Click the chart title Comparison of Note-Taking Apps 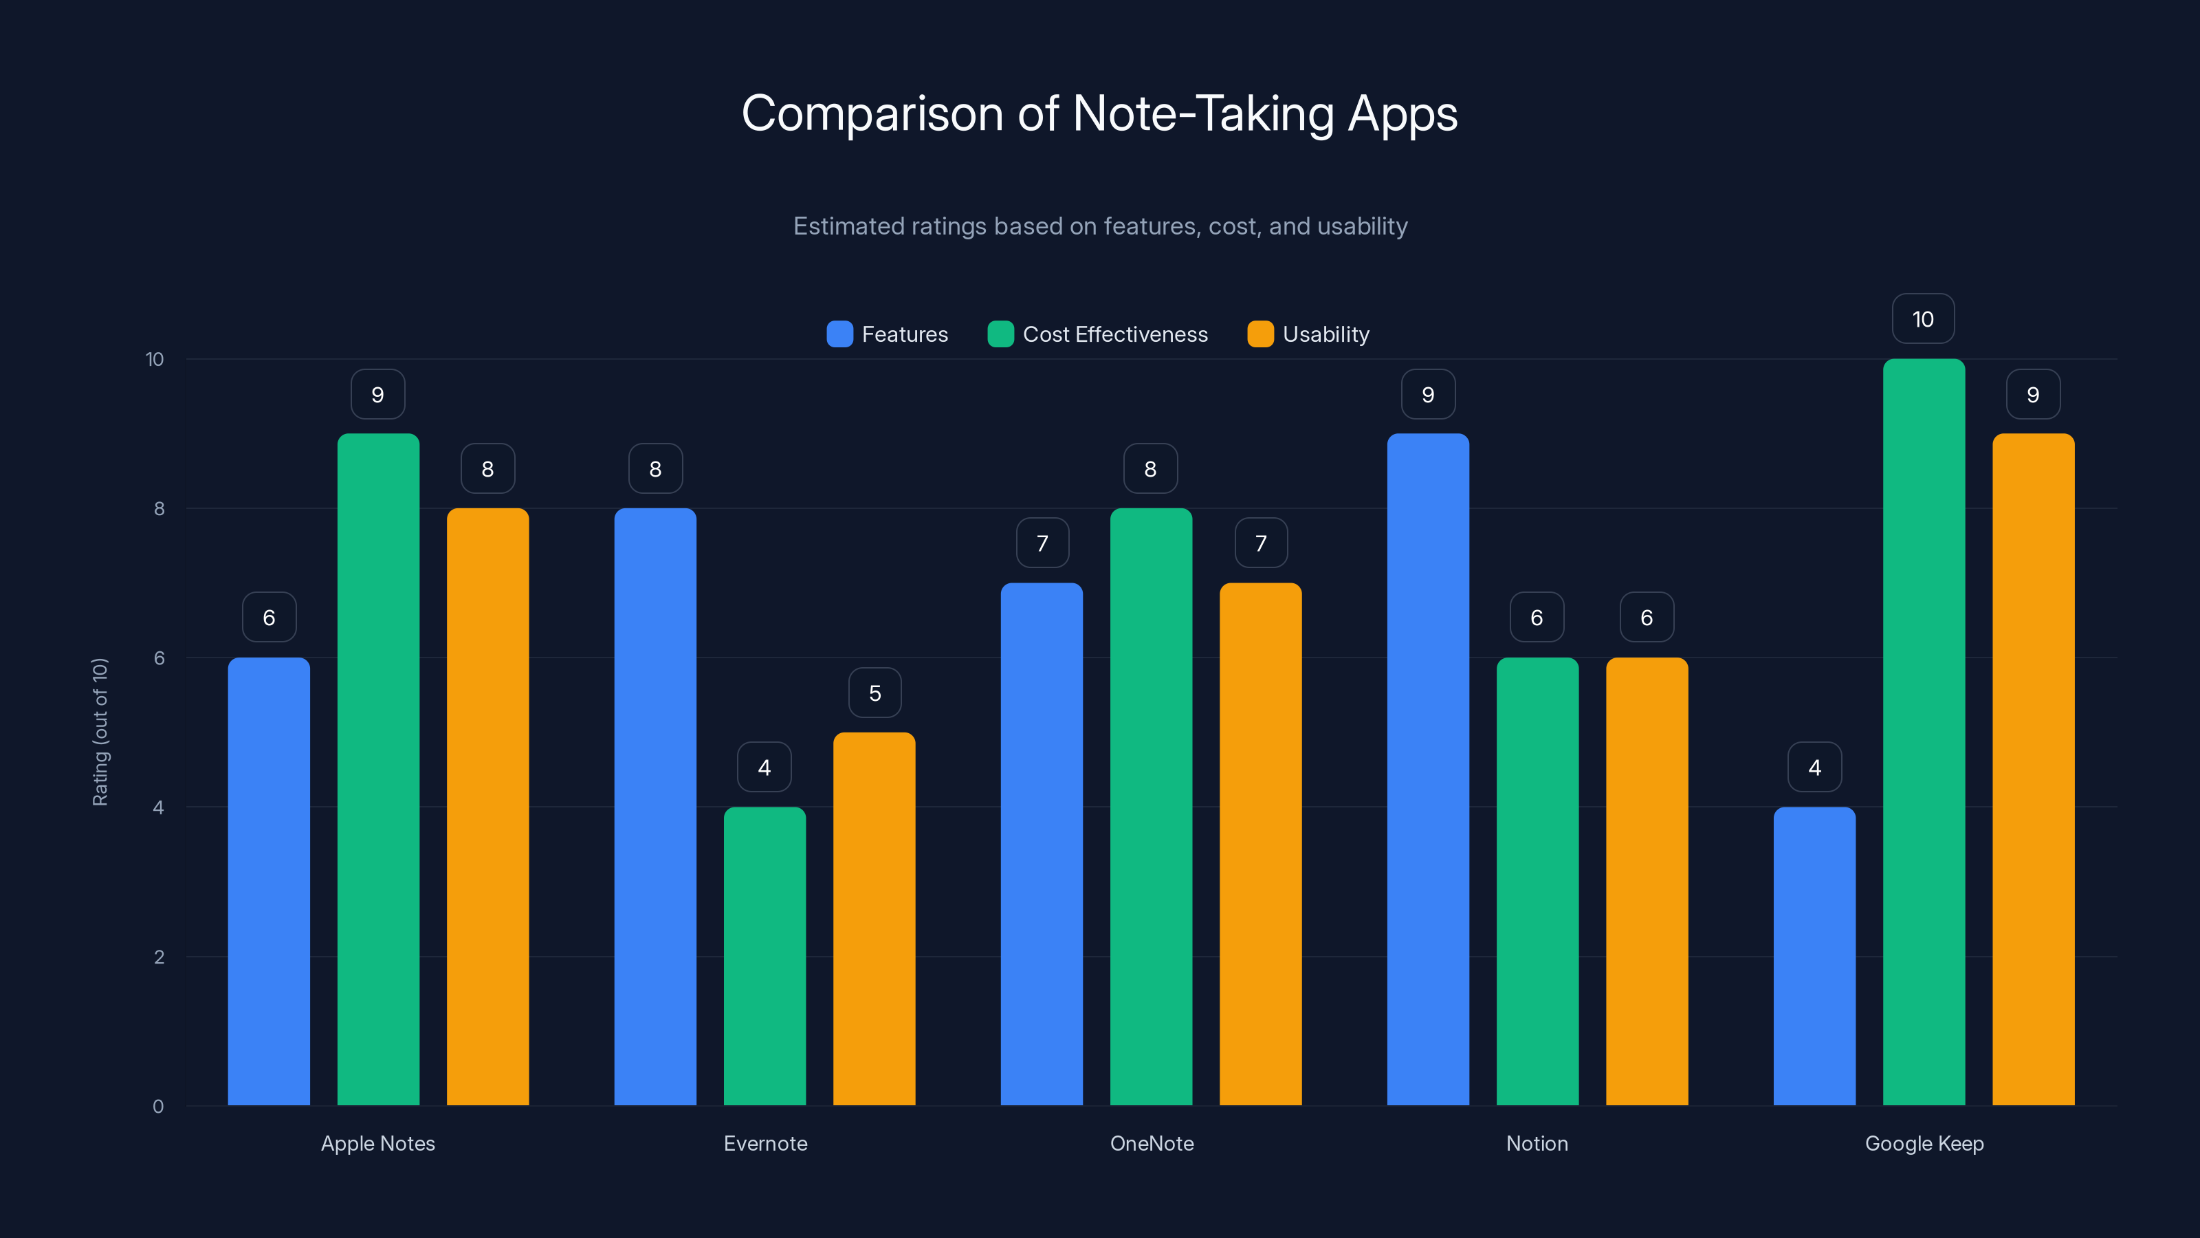coord(1099,113)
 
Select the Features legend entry coord(888,334)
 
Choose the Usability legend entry coord(1308,334)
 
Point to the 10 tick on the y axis coord(155,360)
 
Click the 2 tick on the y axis coord(159,957)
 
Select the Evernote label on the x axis coord(765,1143)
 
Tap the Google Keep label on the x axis coord(1924,1143)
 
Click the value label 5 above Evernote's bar coord(874,693)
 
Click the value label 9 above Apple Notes coord(377,395)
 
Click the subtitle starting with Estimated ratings coord(1100,226)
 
